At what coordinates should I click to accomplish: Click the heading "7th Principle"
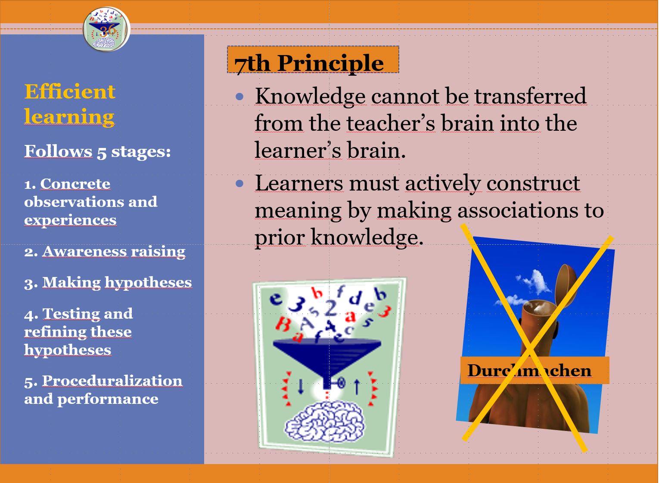[309, 63]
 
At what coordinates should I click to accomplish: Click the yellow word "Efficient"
[70, 91]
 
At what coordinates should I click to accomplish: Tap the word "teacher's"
[391, 123]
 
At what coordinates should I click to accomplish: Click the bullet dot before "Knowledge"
[240, 96]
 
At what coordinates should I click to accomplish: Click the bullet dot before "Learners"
[240, 184]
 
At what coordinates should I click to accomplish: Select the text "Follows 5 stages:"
[97, 151]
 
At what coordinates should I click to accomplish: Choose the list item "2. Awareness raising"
[105, 252]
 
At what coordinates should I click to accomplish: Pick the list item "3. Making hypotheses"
[108, 283]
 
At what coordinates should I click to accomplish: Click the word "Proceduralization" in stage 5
[112, 381]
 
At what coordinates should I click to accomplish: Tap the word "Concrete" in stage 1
[75, 184]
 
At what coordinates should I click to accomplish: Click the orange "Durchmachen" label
[535, 370]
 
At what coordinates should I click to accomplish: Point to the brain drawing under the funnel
[324, 422]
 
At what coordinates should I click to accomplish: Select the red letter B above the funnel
[283, 324]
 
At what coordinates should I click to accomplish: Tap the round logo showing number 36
[106, 29]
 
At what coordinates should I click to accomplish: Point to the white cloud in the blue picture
[533, 282]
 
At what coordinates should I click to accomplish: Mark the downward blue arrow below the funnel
[300, 386]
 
